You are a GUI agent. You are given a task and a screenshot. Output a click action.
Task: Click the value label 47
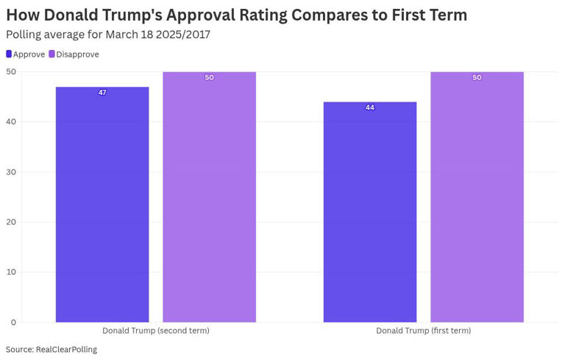click(x=102, y=93)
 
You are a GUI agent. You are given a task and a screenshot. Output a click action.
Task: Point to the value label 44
click(x=370, y=107)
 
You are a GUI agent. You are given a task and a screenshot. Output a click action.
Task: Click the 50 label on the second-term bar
click(x=209, y=77)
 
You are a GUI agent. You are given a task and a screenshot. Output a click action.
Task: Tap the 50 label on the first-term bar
click(x=477, y=77)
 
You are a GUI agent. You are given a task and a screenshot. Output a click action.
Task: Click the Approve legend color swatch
click(x=9, y=54)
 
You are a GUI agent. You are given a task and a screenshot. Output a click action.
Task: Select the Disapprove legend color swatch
click(x=51, y=54)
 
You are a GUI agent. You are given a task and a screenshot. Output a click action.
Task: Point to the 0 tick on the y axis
click(x=13, y=322)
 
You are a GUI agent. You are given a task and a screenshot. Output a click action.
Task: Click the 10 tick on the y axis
click(x=11, y=272)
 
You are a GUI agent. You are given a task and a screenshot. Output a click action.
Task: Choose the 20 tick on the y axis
click(x=11, y=222)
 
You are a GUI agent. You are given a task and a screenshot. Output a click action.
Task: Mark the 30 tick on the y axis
click(x=11, y=172)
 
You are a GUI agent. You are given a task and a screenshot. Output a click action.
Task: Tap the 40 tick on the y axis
click(x=11, y=122)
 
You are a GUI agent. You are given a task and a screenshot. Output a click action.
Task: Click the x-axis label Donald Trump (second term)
click(x=155, y=331)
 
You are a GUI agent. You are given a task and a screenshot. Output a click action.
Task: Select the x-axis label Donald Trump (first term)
click(x=423, y=331)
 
